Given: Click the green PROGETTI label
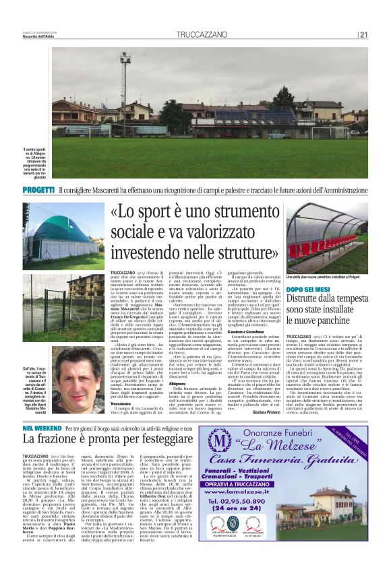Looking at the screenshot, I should click(38, 190).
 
